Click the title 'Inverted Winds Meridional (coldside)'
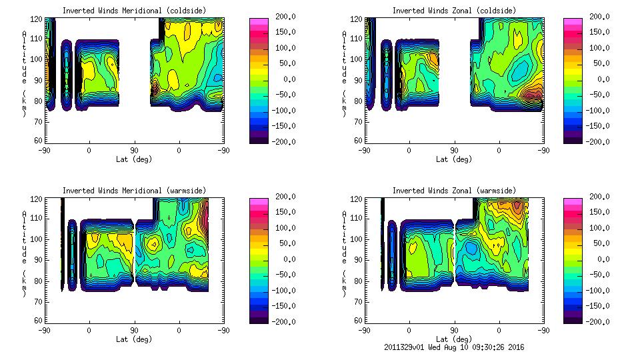(134, 11)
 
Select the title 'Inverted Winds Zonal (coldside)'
(453, 11)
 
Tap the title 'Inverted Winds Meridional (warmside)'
(134, 191)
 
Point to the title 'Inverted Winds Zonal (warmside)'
(453, 191)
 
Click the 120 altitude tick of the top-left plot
(38, 20)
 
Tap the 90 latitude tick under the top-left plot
(134, 151)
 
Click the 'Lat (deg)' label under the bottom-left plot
(134, 339)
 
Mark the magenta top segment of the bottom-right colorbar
(573, 200)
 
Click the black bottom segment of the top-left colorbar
(259, 139)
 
